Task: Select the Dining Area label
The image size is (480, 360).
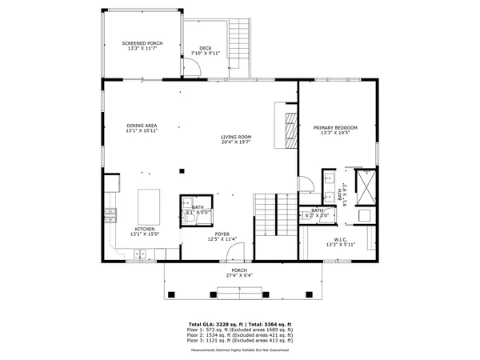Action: pyautogui.click(x=141, y=126)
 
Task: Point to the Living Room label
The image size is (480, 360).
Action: pyautogui.click(x=237, y=137)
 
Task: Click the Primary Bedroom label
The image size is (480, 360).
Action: pyautogui.click(x=335, y=128)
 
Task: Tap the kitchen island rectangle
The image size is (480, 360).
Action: pyautogui.click(x=148, y=206)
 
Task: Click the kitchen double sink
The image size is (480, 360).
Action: pyautogui.click(x=142, y=254)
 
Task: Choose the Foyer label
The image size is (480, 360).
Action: pyautogui.click(x=222, y=234)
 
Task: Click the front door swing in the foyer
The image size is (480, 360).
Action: pyautogui.click(x=234, y=254)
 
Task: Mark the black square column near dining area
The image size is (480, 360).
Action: pyautogui.click(x=182, y=170)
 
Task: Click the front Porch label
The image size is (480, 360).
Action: pyautogui.click(x=239, y=270)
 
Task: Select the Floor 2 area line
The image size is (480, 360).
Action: pyautogui.click(x=240, y=334)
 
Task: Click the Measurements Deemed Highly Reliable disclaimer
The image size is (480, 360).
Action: pyautogui.click(x=240, y=350)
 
